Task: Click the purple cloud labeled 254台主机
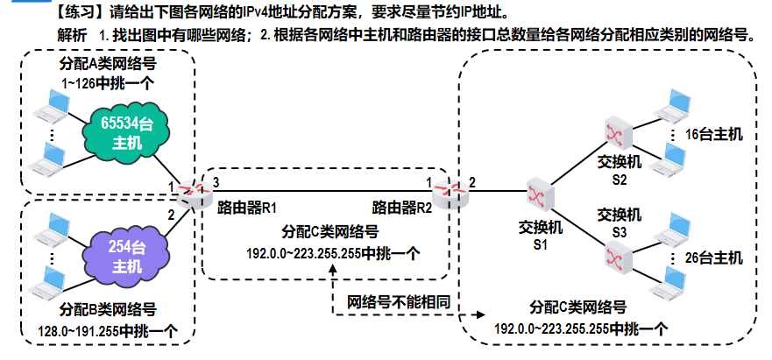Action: [126, 255]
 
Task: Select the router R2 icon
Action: [445, 191]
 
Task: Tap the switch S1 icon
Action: [538, 192]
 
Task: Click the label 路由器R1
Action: [246, 208]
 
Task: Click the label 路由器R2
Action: [402, 208]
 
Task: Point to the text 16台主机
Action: [713, 135]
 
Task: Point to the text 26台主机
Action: [713, 258]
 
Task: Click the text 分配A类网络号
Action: [104, 67]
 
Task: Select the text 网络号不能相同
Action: [400, 301]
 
